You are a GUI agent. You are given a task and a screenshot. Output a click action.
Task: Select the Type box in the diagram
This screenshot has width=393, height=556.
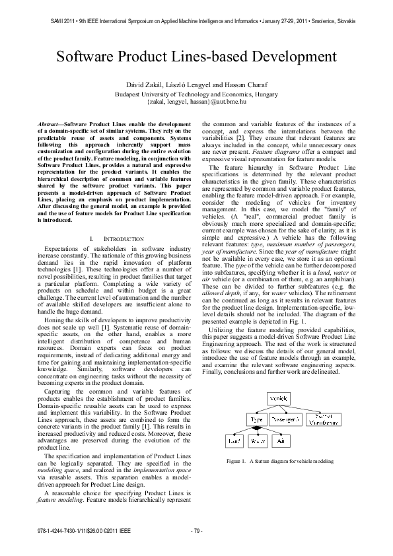[257, 419]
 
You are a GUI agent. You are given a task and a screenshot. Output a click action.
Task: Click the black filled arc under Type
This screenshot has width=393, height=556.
[256, 428]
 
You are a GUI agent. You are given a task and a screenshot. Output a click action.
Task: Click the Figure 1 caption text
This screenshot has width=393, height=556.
[279, 461]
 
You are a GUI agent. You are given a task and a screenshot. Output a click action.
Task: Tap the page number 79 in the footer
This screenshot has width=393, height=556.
[196, 530]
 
